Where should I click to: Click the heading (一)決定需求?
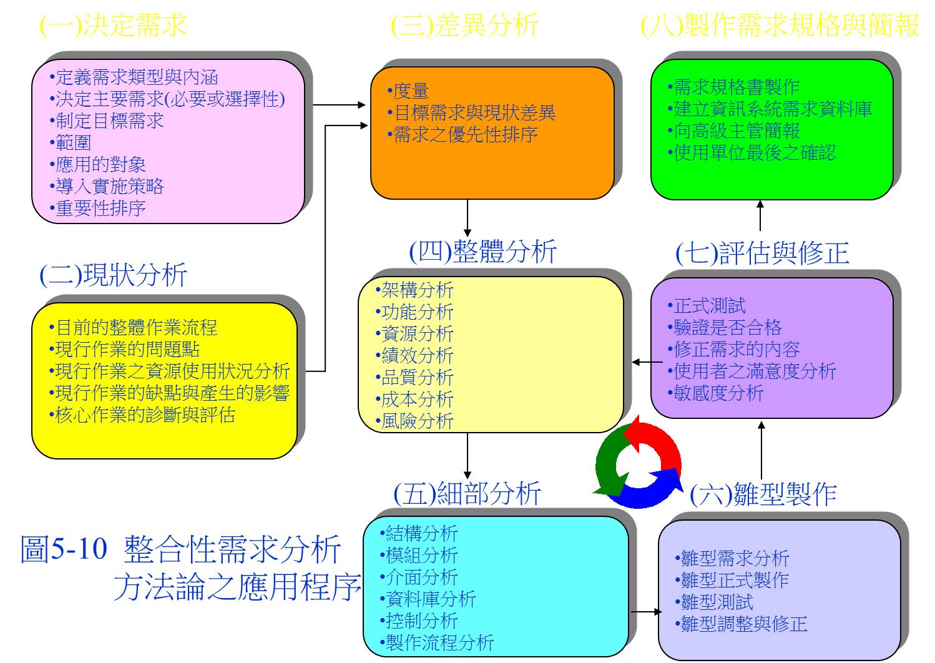113,25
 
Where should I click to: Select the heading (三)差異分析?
464,25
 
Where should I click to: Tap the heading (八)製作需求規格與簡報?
780,25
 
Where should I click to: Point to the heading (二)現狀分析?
113,275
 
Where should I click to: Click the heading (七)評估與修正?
762,253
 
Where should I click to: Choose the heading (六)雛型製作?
763,494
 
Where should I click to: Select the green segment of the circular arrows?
607,463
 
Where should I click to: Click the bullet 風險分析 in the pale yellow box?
414,421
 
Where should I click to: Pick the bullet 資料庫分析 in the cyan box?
428,599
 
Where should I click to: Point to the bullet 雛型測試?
714,602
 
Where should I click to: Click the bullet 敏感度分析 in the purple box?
716,393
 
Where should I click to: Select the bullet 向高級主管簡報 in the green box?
734,130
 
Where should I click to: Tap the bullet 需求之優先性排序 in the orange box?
463,134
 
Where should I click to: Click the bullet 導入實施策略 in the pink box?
107,186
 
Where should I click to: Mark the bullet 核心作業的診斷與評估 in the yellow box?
142,415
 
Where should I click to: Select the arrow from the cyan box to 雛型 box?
646,612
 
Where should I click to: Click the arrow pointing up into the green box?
760,215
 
